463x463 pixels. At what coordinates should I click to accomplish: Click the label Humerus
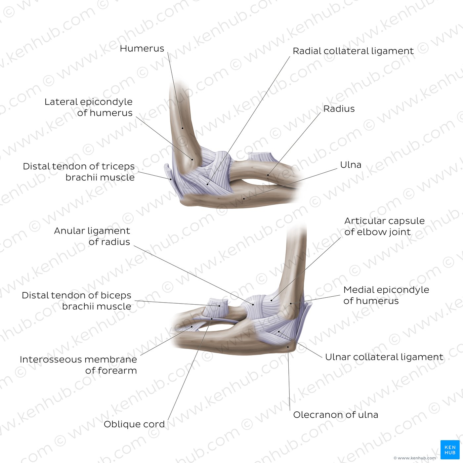click(x=142, y=49)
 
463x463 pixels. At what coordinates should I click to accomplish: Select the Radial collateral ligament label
click(x=353, y=51)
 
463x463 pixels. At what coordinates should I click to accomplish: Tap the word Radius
click(x=339, y=108)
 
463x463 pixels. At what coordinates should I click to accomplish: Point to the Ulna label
click(x=351, y=165)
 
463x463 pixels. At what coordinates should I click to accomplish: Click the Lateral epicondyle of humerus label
click(x=88, y=107)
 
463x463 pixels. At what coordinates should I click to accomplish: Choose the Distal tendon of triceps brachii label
click(x=79, y=172)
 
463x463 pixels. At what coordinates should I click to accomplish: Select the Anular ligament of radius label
click(x=92, y=236)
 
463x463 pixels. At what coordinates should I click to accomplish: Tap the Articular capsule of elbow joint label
click(x=384, y=226)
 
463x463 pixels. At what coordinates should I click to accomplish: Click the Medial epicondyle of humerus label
click(x=386, y=295)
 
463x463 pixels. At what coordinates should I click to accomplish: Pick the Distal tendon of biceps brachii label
click(x=76, y=301)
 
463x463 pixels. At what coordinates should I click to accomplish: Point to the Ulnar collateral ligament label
click(x=384, y=357)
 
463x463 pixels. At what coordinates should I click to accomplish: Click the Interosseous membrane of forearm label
click(x=78, y=365)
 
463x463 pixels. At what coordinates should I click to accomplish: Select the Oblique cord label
click(x=134, y=424)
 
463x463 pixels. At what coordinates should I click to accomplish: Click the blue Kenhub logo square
click(x=450, y=450)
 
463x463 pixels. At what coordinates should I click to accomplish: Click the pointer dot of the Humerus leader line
click(x=183, y=128)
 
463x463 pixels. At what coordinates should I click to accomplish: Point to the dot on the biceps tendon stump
click(x=219, y=306)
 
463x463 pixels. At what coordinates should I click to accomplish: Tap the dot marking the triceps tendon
click(x=171, y=179)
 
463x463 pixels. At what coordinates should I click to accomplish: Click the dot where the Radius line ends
click(x=268, y=175)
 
